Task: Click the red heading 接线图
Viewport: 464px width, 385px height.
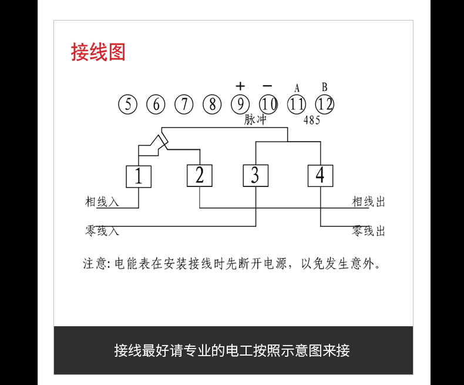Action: [x=98, y=52]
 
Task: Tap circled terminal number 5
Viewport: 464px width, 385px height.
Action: [x=127, y=105]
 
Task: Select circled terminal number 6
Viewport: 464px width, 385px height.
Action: [x=156, y=105]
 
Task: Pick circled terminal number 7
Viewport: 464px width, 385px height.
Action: [x=184, y=105]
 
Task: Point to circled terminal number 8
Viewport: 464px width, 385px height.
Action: [x=212, y=105]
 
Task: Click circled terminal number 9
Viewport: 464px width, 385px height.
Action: [x=240, y=105]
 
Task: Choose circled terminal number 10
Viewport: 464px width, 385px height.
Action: [x=268, y=105]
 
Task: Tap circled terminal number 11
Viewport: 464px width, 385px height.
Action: [x=297, y=105]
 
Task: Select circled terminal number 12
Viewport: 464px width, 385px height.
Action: [x=325, y=105]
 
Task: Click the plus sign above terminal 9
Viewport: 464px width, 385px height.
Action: [x=240, y=86]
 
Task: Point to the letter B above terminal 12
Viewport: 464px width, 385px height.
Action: [x=324, y=88]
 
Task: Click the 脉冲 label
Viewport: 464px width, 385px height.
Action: [x=255, y=120]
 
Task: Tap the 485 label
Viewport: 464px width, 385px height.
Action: [x=311, y=121]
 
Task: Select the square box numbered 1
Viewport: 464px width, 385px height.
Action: [x=139, y=176]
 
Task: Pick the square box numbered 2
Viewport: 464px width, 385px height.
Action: [x=199, y=176]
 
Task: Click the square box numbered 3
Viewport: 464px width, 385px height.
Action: [x=255, y=176]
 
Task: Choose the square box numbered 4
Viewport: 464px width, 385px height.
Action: [x=320, y=176]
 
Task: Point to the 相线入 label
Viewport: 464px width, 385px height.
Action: [x=102, y=202]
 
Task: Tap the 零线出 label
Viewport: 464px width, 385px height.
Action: [x=369, y=231]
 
